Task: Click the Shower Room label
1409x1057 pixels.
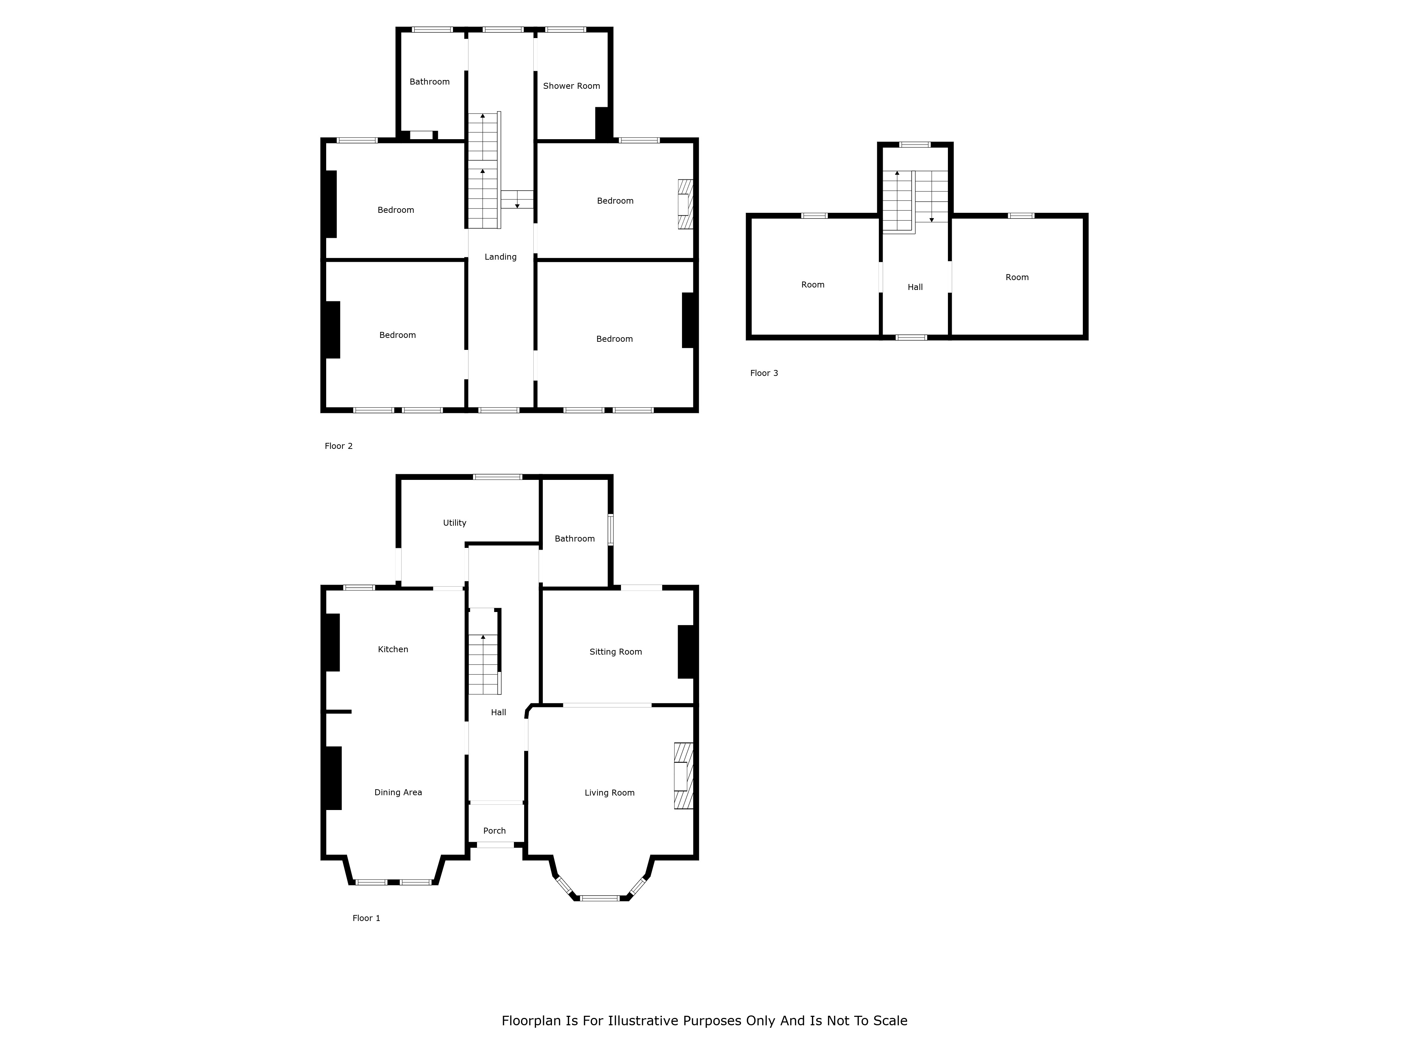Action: click(571, 86)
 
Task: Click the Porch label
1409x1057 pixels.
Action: click(494, 831)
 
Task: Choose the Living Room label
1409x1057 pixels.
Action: click(610, 793)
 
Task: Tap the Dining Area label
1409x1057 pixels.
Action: click(398, 793)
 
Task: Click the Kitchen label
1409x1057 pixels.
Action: click(393, 650)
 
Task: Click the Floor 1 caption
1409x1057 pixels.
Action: click(366, 918)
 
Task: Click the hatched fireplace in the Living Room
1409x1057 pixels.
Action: click(683, 776)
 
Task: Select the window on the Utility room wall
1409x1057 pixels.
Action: click(497, 477)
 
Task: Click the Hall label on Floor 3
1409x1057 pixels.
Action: click(915, 288)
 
